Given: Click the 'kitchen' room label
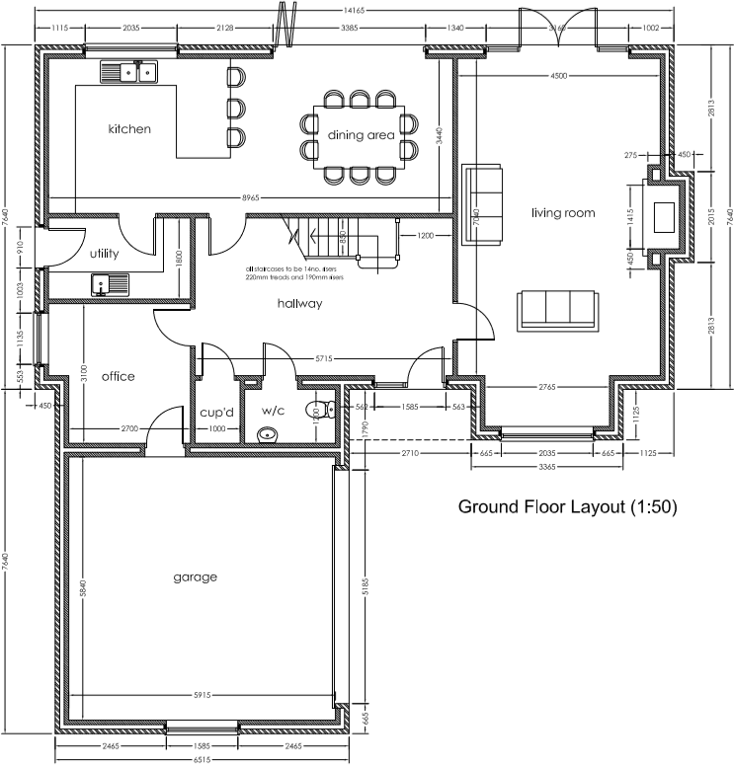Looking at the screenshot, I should click(x=129, y=128).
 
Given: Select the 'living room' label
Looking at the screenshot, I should click(x=562, y=212).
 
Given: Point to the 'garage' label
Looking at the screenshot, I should click(x=195, y=576).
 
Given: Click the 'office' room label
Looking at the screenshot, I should click(x=118, y=376).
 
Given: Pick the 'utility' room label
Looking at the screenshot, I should click(x=104, y=254).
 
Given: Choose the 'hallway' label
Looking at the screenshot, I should click(x=299, y=304).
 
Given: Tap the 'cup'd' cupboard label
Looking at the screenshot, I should click(x=215, y=411).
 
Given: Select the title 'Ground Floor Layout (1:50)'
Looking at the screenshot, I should click(x=567, y=507).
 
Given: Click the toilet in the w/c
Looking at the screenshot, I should click(x=322, y=407).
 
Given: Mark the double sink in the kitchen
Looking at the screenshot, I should click(x=129, y=71).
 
